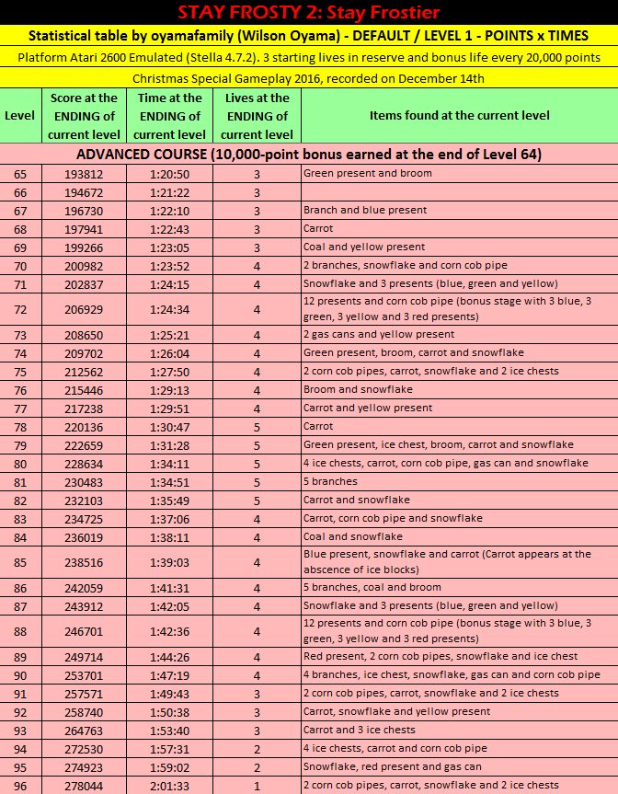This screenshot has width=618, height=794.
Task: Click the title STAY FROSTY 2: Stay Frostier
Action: (x=309, y=12)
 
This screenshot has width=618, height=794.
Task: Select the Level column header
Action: (x=19, y=116)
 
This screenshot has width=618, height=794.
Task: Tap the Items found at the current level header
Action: (x=459, y=116)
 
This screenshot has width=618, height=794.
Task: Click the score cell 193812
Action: (x=85, y=174)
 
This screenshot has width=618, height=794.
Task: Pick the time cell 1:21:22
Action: (x=170, y=192)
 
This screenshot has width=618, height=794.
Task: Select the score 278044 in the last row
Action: (x=85, y=786)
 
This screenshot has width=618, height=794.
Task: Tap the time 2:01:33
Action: (x=170, y=786)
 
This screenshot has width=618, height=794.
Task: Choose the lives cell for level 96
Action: (x=257, y=786)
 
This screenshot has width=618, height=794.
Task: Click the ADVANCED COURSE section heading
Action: (x=309, y=155)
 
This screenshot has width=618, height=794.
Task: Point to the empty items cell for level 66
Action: (x=459, y=192)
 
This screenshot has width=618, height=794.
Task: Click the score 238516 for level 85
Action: (x=85, y=562)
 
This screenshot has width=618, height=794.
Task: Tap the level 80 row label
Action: (x=20, y=464)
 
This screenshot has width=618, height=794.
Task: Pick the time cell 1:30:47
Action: (x=170, y=427)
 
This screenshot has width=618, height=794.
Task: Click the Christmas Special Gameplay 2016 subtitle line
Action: (x=309, y=78)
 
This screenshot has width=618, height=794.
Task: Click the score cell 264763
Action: (x=85, y=731)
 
